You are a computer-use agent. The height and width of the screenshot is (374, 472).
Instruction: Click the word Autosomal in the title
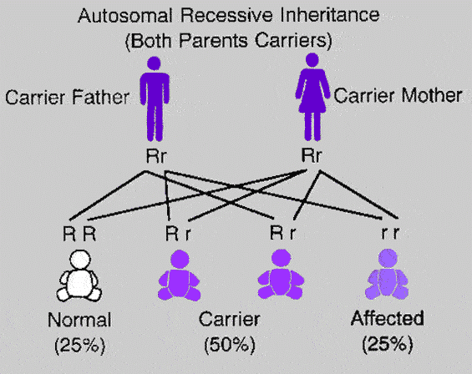tap(125, 15)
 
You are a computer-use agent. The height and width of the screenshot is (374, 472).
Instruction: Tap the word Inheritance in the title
tap(330, 15)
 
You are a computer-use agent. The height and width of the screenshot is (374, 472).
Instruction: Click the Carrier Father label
tap(68, 98)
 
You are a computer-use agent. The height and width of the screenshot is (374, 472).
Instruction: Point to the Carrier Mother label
tap(398, 96)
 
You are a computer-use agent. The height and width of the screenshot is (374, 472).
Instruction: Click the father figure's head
tap(154, 63)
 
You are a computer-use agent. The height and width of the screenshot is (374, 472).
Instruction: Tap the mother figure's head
tap(312, 60)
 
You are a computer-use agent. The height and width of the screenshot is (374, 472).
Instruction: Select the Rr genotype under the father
tap(156, 156)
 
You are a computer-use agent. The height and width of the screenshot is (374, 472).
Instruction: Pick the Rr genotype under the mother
tap(312, 155)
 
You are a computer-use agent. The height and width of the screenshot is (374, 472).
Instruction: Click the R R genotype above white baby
tap(79, 234)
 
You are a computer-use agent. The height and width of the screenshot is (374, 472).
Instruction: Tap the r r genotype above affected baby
tap(390, 233)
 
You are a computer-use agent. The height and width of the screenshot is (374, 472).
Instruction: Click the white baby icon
tap(79, 276)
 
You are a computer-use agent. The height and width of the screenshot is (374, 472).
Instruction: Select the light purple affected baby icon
tap(387, 274)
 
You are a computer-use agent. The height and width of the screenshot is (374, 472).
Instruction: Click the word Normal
tap(79, 320)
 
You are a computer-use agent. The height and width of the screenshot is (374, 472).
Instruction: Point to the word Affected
tap(388, 318)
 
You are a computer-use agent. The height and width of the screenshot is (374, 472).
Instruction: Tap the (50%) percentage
tap(230, 345)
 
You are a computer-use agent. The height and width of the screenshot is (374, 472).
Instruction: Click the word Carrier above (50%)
tap(230, 319)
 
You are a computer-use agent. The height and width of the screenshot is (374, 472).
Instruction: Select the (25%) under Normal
tap(80, 345)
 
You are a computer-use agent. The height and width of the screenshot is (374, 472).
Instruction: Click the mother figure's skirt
tap(312, 103)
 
